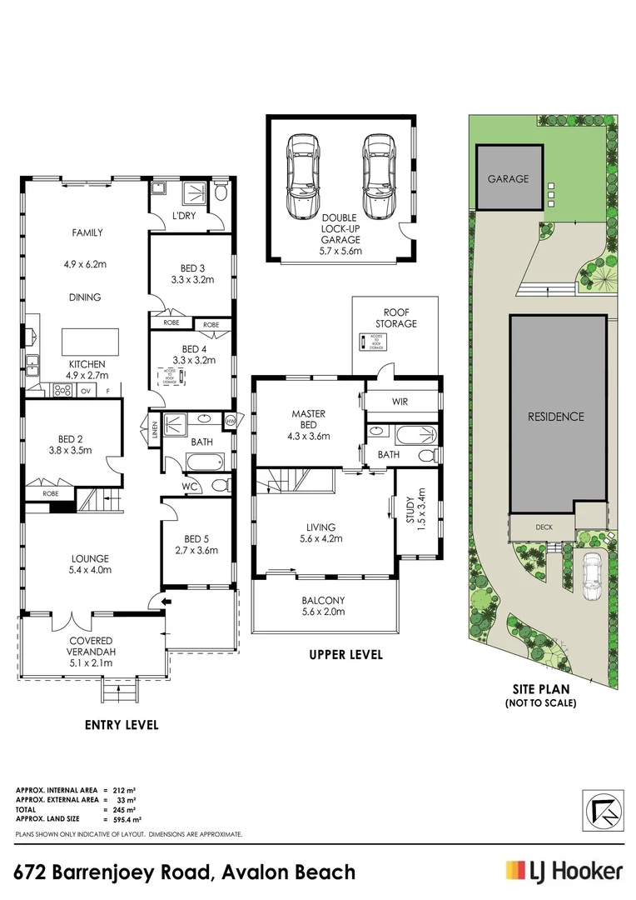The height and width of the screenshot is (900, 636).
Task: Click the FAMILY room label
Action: click(87, 233)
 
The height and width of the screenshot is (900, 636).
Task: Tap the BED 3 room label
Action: click(192, 268)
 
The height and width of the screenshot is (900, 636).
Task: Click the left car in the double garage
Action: click(301, 176)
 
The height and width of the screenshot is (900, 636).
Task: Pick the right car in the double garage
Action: click(376, 176)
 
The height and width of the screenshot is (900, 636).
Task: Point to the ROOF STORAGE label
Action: click(395, 317)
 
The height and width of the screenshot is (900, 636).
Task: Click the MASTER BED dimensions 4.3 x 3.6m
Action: click(308, 436)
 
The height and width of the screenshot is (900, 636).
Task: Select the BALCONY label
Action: click(323, 600)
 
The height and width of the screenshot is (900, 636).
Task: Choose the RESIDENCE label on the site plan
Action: click(556, 417)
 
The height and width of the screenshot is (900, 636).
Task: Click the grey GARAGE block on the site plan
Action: click(509, 177)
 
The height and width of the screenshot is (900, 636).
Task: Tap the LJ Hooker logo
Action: click(564, 872)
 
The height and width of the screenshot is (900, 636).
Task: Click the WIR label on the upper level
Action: click(400, 402)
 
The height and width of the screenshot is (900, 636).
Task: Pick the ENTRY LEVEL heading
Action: click(122, 725)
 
